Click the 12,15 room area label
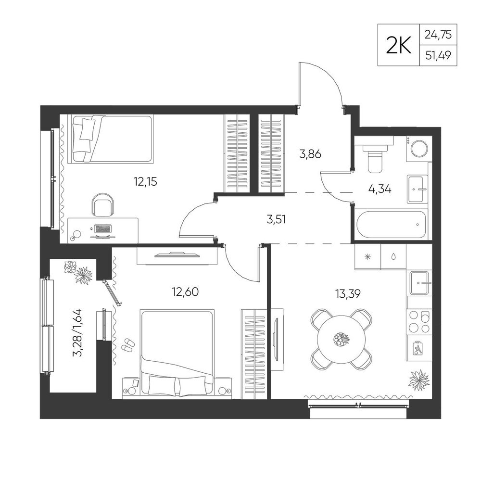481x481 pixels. (145, 182)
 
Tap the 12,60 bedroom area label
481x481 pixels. (185, 292)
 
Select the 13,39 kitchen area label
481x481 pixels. (348, 294)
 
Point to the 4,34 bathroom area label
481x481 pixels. (380, 189)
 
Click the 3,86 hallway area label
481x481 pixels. (310, 154)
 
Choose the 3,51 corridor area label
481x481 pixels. (276, 219)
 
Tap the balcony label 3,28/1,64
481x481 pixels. (77, 333)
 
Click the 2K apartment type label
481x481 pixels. (398, 45)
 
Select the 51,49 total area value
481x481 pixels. (438, 55)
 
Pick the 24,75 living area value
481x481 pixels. (438, 35)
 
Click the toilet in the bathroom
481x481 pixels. (374, 157)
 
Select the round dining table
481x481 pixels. (342, 339)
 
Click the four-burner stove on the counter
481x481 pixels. (419, 322)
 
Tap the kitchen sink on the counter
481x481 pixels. (419, 283)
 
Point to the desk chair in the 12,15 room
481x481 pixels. (103, 204)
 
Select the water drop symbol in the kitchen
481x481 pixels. (393, 257)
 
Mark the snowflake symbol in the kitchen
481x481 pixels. (367, 257)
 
